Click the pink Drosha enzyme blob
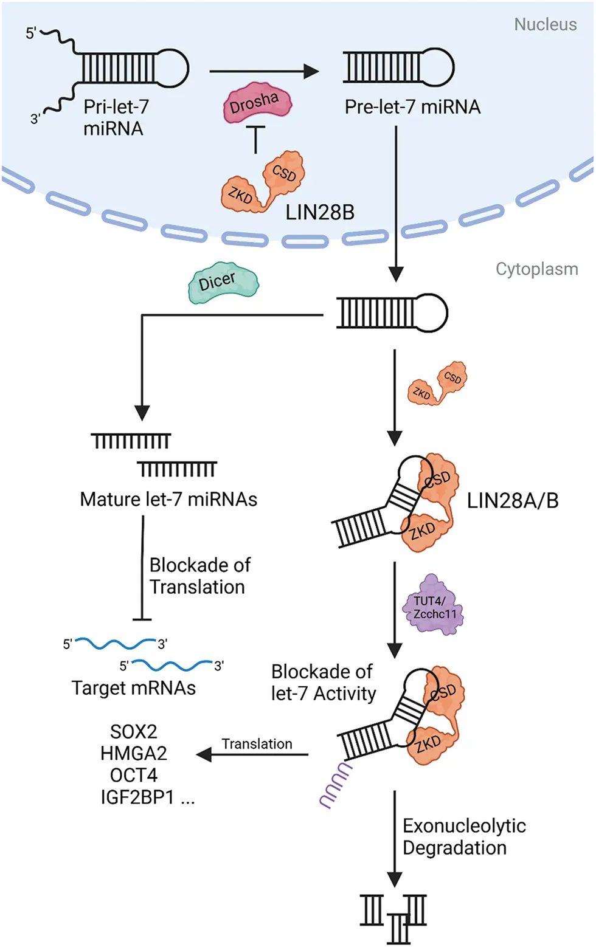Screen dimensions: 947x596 pos(257,104)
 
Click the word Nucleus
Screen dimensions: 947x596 pos(545,24)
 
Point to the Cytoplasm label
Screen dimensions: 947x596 pos(536,269)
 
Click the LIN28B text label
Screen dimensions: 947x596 pos(320,212)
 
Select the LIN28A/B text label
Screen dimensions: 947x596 pos(512,500)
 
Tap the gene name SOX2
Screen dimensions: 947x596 pos(133,731)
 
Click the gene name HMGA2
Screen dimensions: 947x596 pos(133,753)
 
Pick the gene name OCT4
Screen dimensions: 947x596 pos(133,775)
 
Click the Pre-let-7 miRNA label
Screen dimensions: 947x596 pos(412,107)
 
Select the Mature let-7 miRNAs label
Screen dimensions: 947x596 pos(168,499)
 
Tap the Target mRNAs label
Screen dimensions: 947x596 pos(133,687)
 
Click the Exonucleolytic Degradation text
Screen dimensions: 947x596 pos(463,836)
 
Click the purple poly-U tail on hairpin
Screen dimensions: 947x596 pos(336,787)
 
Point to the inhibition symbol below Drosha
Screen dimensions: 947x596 pos(256,139)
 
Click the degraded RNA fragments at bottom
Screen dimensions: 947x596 pos(393,916)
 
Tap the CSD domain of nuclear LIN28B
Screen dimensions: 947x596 pos(283,173)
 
